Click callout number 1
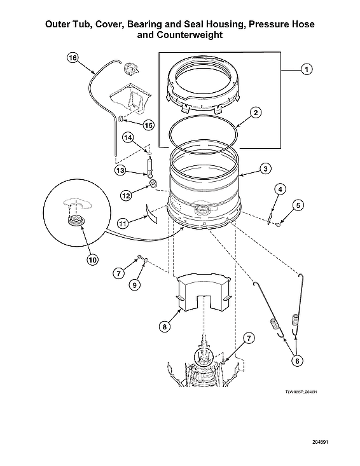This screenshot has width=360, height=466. point(306,69)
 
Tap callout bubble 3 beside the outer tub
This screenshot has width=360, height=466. point(266,169)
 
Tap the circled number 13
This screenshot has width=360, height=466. point(121,170)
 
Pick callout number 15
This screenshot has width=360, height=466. point(148,125)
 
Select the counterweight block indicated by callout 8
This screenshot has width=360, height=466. point(201,292)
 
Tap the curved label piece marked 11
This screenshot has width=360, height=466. point(152,211)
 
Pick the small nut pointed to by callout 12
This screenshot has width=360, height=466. point(153,184)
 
